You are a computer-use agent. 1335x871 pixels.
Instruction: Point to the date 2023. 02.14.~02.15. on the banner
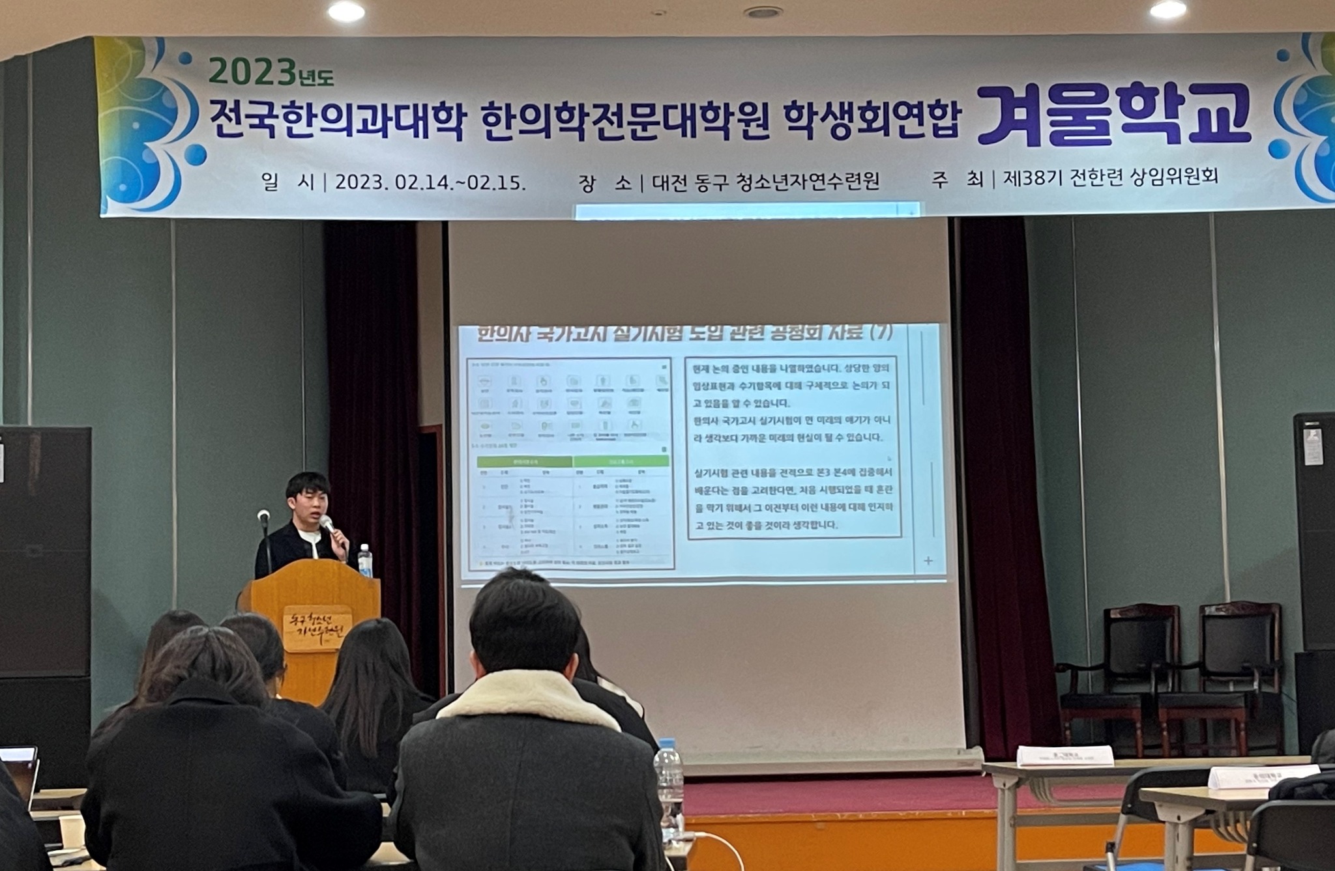430,182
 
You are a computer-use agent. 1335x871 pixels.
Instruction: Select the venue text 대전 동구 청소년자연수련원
765,180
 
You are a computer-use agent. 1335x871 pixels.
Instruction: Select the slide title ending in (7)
684,334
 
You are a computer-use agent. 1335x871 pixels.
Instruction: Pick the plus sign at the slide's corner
928,560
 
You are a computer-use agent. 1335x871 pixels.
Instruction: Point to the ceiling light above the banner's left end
346,10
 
